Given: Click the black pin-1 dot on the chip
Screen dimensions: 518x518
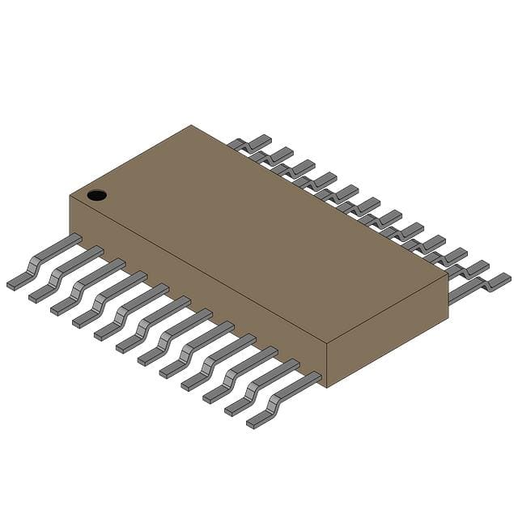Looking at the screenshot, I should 96,195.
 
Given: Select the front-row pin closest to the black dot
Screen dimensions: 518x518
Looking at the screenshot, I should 45,260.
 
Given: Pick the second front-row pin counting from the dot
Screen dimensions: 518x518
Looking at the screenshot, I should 66,273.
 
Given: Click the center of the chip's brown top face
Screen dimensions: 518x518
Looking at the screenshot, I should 259,235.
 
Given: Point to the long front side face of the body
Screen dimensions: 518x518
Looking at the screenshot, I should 194,291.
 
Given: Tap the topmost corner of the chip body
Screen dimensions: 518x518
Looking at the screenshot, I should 191,125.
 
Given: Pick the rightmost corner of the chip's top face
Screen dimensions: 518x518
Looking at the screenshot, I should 448,276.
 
